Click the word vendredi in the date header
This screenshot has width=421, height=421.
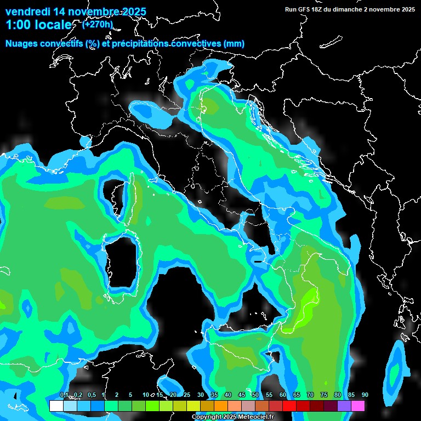click(x=27, y=12)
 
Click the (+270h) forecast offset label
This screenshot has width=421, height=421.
click(x=98, y=24)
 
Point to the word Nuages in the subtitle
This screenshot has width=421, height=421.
click(x=22, y=44)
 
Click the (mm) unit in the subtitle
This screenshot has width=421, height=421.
click(x=234, y=44)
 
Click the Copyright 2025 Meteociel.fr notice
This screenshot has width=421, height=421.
click(x=232, y=417)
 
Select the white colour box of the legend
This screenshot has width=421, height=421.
click(x=56, y=406)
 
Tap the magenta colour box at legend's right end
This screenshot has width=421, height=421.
click(x=357, y=406)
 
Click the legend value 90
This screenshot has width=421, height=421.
click(x=365, y=395)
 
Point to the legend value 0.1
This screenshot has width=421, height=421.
click(x=64, y=395)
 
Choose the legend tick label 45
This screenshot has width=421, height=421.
click(x=242, y=395)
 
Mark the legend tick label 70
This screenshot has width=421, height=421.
click(x=310, y=395)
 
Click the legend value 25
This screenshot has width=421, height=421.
click(x=187, y=395)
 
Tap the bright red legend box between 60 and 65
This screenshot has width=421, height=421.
click(x=289, y=406)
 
